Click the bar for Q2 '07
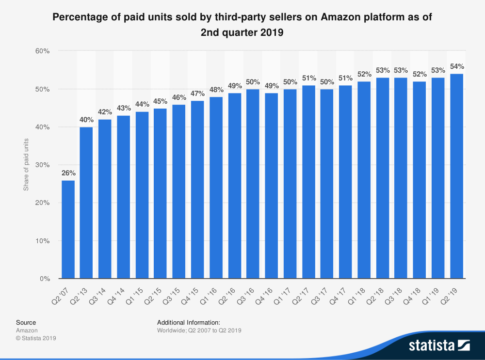[x=68, y=230]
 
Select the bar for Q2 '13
[x=86, y=203]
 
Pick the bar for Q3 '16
[x=253, y=184]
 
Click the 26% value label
[x=68, y=173]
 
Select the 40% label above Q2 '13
[x=86, y=120]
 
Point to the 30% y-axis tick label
[x=44, y=165]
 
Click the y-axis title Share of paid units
[x=27, y=165]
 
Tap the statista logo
[x=439, y=345]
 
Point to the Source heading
[x=26, y=322]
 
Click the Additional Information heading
[x=189, y=322]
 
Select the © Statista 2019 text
[x=36, y=338]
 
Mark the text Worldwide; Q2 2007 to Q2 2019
[x=199, y=330]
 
